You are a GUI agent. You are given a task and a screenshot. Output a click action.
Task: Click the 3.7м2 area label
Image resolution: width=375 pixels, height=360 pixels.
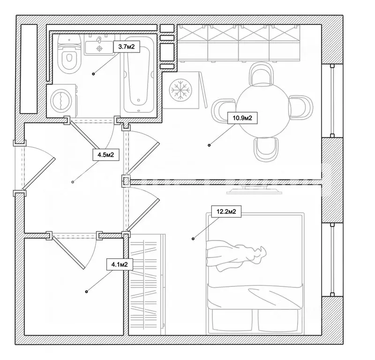pos(126,47)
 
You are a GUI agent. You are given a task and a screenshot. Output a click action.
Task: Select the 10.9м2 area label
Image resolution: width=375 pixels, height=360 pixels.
pos(242,118)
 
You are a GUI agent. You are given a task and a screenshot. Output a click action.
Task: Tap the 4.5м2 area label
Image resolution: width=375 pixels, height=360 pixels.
pos(106,155)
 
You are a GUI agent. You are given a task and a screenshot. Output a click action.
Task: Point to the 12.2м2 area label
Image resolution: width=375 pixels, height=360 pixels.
pos(226,211)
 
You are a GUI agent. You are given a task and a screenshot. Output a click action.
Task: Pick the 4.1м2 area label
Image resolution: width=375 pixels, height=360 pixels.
pos(120,264)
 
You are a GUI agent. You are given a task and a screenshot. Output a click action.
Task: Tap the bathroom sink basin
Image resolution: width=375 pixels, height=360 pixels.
pos(99,48)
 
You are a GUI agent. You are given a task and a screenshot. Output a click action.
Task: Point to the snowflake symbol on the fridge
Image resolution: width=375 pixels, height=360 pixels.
pos(180,90)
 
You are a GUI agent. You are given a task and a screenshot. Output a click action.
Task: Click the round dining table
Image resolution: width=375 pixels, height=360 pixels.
pos(262,111)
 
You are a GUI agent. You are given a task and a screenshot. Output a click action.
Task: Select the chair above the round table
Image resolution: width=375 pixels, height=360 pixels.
pos(262,74)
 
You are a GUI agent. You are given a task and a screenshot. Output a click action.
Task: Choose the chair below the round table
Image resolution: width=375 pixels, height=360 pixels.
pos(266,150)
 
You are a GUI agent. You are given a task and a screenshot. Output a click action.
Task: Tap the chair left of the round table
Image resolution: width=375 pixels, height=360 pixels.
pos(224,111)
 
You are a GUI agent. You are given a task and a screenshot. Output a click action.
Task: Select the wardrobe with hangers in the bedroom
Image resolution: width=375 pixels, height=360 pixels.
pos(147,285)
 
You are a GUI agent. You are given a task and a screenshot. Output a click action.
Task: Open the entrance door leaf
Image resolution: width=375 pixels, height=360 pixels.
pos(39,173)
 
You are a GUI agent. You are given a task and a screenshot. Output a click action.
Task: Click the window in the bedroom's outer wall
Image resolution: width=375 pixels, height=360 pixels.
pos(332,260)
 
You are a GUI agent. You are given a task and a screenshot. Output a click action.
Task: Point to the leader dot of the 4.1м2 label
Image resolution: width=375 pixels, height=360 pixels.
pos(87,292)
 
